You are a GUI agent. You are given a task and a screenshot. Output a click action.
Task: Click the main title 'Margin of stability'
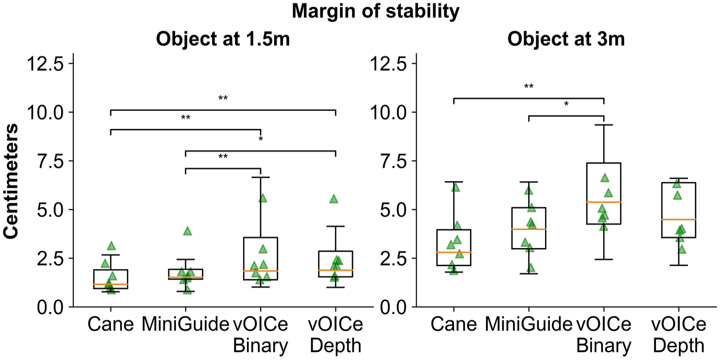(x=375, y=12)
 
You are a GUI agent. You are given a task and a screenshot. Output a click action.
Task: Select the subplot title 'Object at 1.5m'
(x=223, y=39)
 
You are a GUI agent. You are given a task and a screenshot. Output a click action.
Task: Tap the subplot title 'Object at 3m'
(x=566, y=39)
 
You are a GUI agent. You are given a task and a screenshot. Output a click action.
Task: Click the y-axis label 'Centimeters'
(x=11, y=181)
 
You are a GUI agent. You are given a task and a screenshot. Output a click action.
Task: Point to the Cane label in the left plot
(x=110, y=324)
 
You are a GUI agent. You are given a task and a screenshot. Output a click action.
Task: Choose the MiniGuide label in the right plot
(x=528, y=324)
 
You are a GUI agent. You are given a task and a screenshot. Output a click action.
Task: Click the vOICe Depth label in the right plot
(x=679, y=335)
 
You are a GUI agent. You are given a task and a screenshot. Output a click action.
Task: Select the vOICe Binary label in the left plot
(x=261, y=335)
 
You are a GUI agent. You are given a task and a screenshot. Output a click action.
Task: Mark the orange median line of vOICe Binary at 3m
(x=604, y=202)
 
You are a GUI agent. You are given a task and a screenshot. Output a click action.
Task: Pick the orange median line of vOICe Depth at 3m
(x=679, y=219)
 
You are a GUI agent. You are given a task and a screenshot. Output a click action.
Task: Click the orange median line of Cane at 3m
(x=454, y=252)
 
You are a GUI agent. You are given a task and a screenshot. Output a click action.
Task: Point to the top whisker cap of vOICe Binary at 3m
(x=604, y=125)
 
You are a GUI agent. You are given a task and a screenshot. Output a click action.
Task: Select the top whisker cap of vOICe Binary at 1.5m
(x=261, y=177)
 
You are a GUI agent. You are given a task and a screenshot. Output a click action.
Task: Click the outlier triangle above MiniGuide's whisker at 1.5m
(x=187, y=231)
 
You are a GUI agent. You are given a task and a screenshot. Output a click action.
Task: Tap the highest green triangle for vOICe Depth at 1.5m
(x=334, y=199)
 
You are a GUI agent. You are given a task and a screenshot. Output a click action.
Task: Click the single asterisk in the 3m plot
(x=566, y=104)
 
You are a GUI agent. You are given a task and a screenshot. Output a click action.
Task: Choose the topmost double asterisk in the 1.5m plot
(x=223, y=98)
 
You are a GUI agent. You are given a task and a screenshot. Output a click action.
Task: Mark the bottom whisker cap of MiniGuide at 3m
(x=528, y=274)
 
